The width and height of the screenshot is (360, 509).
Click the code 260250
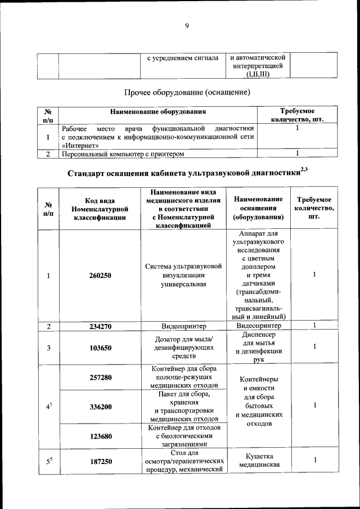coord(100,276)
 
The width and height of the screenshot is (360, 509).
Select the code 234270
coord(100,326)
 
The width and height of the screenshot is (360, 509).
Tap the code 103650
coord(100,348)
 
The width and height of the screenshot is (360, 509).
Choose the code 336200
coord(100,406)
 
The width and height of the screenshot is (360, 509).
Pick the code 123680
coord(100,436)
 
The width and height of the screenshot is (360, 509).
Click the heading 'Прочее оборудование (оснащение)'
coord(187,91)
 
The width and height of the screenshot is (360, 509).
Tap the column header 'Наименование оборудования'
coord(158,111)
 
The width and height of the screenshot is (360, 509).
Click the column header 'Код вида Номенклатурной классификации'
coord(100,209)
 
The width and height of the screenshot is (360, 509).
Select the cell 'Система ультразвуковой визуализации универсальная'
coord(183,275)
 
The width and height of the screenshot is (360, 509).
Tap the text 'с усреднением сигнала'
coord(182,58)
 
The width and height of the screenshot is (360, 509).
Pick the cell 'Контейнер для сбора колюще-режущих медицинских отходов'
coord(183,377)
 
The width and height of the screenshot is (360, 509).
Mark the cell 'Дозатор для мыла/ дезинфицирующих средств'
coord(183,347)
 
